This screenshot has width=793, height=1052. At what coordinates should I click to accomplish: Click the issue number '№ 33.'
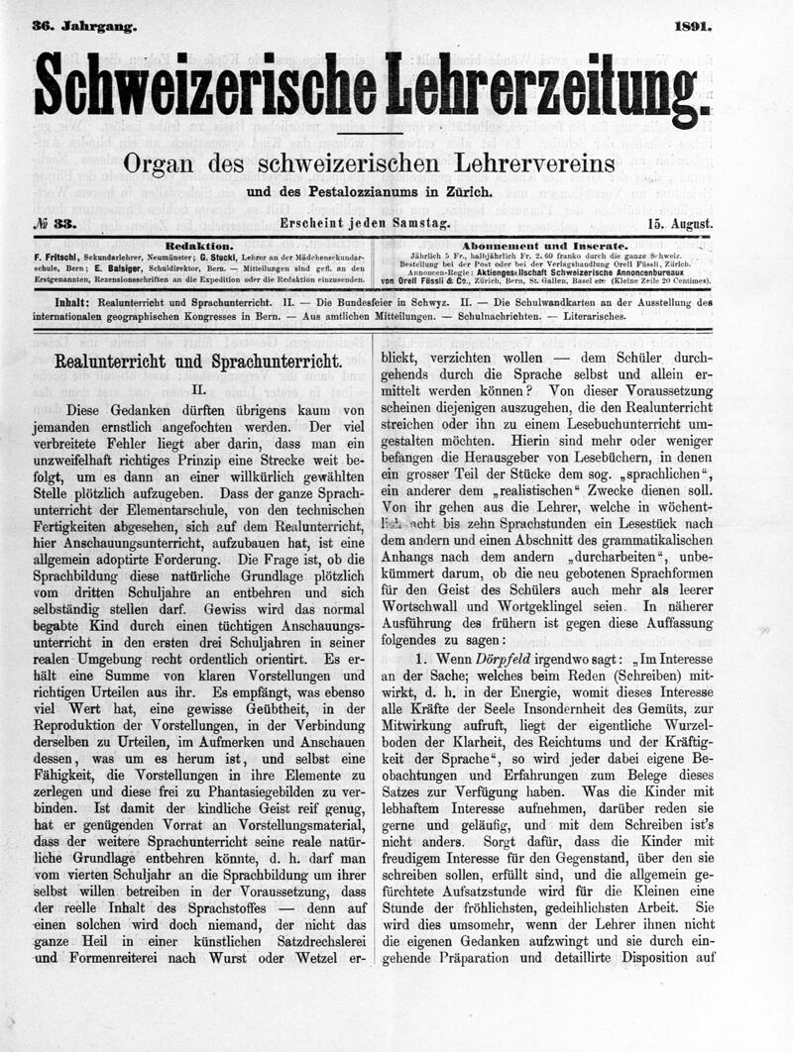point(57,224)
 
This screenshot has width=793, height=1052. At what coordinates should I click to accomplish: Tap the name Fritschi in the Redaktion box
point(59,256)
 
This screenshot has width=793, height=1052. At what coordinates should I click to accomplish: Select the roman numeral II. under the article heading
point(197,391)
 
